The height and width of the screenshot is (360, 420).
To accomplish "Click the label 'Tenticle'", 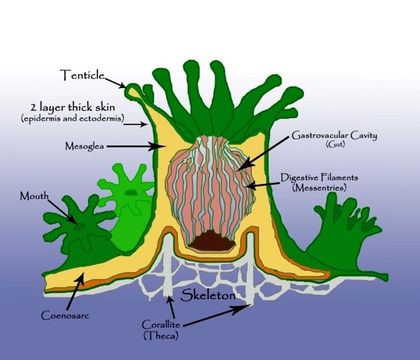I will point(83,75).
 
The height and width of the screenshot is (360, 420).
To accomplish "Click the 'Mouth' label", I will point(34,196).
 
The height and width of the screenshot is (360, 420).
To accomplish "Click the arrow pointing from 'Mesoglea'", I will point(134,148).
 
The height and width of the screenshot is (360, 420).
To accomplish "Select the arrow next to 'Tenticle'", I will point(117,82).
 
